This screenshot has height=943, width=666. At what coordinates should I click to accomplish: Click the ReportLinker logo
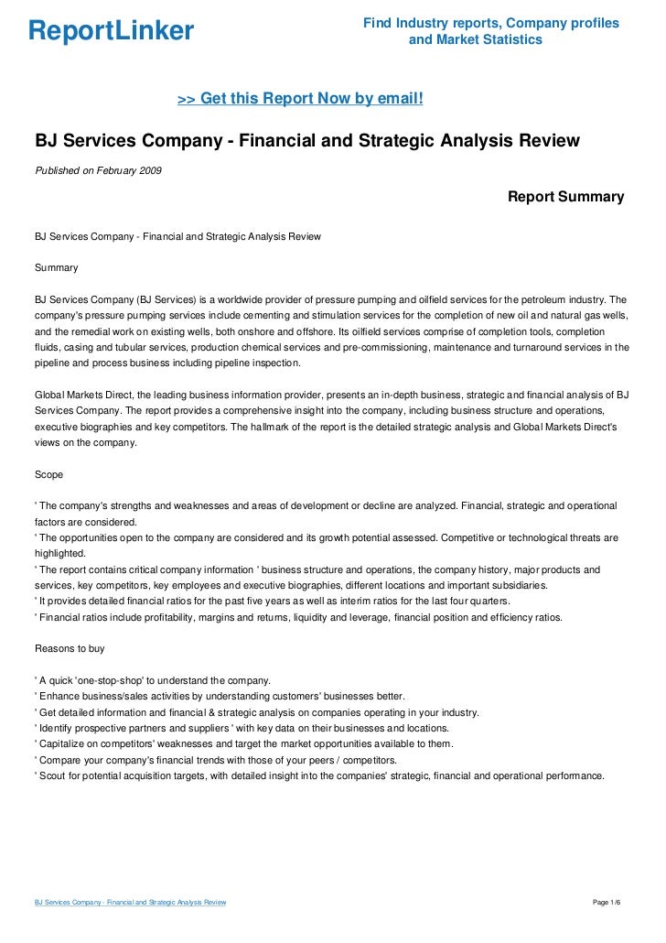click(111, 32)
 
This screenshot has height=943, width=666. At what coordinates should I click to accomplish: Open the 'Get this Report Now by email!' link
click(299, 97)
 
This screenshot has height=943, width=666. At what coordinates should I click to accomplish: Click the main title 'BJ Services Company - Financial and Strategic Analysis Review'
click(307, 142)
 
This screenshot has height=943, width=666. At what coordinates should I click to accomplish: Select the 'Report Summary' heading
click(565, 197)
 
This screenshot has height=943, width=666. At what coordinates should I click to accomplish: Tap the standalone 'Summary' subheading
click(56, 268)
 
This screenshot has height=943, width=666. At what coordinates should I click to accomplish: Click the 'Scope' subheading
click(49, 475)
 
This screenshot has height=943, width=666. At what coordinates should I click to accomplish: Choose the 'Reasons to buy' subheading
click(70, 648)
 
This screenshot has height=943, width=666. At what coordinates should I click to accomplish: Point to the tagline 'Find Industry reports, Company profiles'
click(491, 22)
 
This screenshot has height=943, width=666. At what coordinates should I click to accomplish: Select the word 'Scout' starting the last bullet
click(54, 775)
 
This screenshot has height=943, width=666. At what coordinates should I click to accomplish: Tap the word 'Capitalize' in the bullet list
click(62, 743)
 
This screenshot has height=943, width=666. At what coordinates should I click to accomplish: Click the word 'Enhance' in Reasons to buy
click(59, 696)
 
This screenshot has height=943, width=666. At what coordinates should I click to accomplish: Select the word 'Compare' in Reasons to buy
click(59, 759)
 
